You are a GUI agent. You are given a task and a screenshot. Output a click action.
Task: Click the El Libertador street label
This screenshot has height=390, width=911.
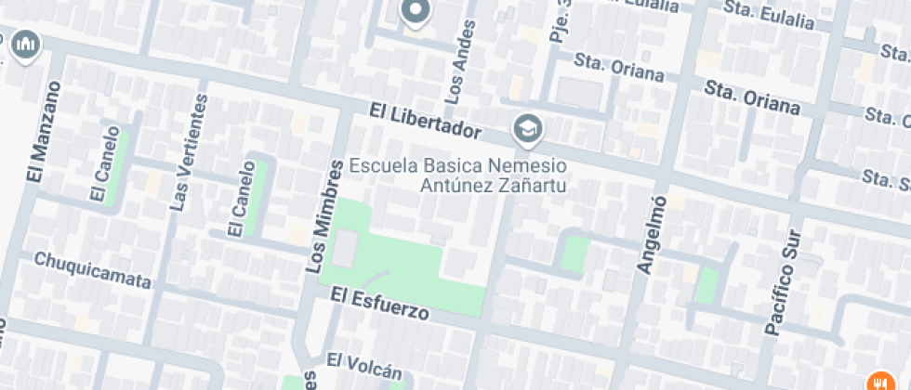click(x=425, y=121)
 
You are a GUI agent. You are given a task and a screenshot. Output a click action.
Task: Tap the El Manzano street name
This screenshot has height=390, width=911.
click(x=37, y=133)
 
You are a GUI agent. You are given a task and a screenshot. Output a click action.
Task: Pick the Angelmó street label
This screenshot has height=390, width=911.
click(x=651, y=235)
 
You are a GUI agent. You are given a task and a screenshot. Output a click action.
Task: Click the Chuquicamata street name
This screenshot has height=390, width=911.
click(x=92, y=270)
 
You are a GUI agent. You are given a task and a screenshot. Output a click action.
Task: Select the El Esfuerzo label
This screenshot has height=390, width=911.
click(x=379, y=304)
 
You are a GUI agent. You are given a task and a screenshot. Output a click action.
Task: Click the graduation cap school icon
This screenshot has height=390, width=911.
click(x=528, y=129)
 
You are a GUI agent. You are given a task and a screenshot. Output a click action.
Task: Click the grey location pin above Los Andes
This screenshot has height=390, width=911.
click(x=415, y=12)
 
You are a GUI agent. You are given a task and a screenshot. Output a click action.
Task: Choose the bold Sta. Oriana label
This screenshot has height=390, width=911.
click(x=752, y=97)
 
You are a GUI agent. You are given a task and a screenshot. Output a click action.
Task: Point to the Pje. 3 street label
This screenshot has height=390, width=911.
click(x=559, y=22)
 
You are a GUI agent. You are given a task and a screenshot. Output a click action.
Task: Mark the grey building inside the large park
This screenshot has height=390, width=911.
click(x=346, y=250)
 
